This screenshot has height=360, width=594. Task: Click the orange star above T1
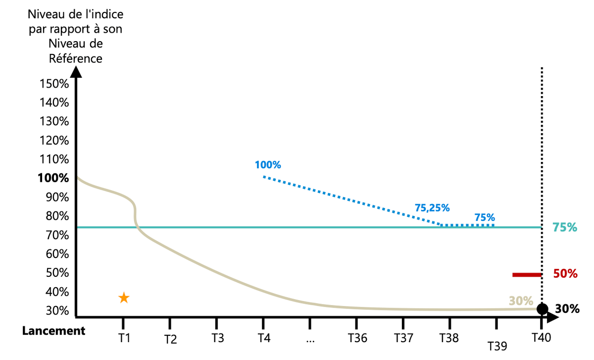point(124,298)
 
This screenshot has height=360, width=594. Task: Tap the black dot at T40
point(543,309)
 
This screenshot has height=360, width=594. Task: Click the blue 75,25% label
point(432,208)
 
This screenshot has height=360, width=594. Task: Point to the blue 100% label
point(267,165)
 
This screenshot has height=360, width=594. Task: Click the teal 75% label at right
point(565,228)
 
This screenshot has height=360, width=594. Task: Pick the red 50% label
point(565,274)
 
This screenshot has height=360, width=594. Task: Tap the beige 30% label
point(521,301)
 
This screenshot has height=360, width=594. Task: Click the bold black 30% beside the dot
point(567,309)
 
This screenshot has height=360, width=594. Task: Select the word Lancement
point(53,331)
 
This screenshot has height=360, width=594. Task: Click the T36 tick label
point(357,338)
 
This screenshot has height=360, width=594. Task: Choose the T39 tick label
point(497,346)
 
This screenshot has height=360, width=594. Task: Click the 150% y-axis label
point(54,84)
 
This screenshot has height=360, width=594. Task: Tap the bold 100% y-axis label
point(53,178)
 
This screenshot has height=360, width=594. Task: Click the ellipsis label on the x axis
point(310,339)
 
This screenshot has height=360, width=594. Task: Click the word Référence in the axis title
point(76,58)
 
